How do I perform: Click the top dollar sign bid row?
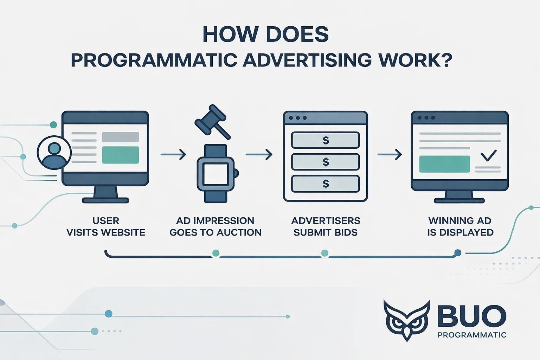tap(326, 140)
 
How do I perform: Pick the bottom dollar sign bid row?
tap(326, 184)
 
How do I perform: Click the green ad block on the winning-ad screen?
tap(444, 164)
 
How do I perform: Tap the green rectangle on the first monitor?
tap(120, 155)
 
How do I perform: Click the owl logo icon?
tap(407, 320)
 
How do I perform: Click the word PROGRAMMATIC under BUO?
tap(472, 335)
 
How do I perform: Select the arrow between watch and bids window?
tap(259, 154)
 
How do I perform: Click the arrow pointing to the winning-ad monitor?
tap(390, 154)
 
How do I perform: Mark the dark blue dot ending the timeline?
tap(458, 252)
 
